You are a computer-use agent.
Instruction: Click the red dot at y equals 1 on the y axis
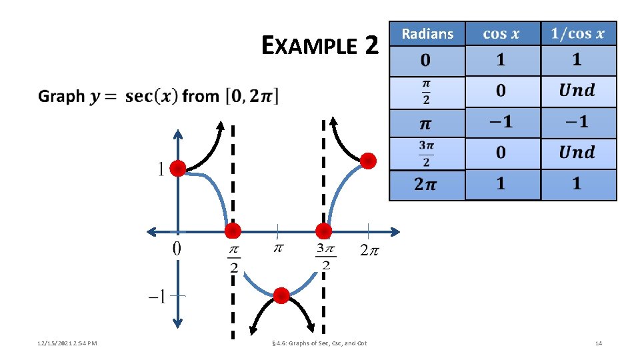click(x=177, y=169)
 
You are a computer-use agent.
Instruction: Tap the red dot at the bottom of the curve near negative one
click(x=281, y=295)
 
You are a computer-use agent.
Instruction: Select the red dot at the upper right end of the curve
click(x=367, y=161)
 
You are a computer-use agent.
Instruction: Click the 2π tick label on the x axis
click(x=369, y=251)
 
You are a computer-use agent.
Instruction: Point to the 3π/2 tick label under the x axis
click(x=325, y=257)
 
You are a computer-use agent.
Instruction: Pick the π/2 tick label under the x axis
click(x=233, y=258)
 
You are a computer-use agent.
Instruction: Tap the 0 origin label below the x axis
click(x=177, y=249)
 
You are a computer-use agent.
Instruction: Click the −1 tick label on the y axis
click(x=158, y=296)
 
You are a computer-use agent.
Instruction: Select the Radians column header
click(x=427, y=34)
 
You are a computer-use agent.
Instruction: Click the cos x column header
click(x=502, y=34)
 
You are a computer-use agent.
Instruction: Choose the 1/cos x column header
click(x=577, y=34)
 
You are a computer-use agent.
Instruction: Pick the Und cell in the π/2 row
click(x=577, y=91)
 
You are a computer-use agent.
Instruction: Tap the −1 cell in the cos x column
click(x=501, y=122)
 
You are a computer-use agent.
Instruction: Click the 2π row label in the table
click(x=427, y=185)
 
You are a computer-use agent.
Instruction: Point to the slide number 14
click(x=598, y=343)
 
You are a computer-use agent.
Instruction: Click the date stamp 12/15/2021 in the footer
click(x=58, y=343)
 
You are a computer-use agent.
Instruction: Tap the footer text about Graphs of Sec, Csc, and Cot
click(x=319, y=343)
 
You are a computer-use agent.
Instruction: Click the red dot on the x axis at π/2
click(x=232, y=231)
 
